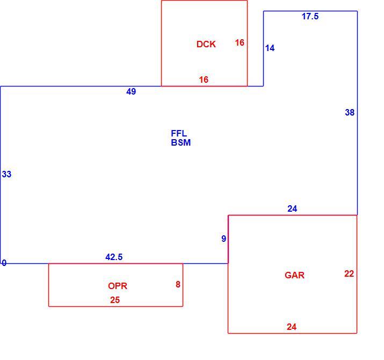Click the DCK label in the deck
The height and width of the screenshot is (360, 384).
click(206, 44)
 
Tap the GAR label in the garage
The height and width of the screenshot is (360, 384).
click(294, 275)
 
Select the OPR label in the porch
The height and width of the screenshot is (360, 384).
click(118, 286)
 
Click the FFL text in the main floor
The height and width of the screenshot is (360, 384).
click(179, 133)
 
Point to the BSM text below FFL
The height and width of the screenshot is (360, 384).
click(181, 142)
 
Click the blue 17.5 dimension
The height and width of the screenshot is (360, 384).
click(310, 16)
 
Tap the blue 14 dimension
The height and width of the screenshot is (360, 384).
click(270, 48)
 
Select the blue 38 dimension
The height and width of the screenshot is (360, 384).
click(350, 112)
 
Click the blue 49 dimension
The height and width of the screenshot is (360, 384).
click(131, 91)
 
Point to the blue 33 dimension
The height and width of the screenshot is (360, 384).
click(6, 174)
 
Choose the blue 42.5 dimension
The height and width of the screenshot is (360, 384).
click(114, 257)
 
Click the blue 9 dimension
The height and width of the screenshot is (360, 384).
click(223, 239)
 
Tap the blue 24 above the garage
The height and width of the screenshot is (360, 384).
click(292, 208)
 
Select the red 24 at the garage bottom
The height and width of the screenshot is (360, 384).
click(292, 327)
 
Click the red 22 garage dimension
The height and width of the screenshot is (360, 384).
click(349, 273)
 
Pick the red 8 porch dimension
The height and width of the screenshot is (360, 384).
click(178, 284)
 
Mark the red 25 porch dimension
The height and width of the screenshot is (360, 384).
click(115, 300)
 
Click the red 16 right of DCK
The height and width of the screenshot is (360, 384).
click(240, 42)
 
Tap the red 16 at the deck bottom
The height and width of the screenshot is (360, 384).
click(204, 80)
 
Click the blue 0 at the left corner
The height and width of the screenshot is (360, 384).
click(4, 263)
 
